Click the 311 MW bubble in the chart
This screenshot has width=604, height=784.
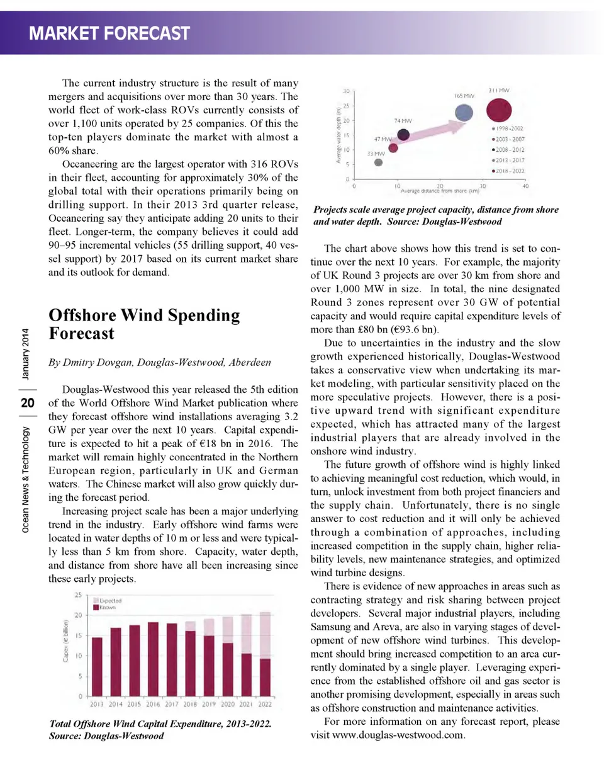tap(498, 110)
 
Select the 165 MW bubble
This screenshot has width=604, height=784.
tap(464, 113)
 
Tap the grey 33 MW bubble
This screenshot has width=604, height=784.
tap(378, 162)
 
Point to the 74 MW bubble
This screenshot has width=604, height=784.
tap(403, 134)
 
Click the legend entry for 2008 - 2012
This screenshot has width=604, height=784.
tap(510, 150)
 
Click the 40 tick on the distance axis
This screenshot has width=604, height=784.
tap(525, 186)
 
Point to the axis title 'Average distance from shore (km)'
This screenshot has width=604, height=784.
tap(440, 191)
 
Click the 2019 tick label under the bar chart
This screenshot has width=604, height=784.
tap(209, 705)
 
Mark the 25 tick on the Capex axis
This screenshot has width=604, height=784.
tap(79, 595)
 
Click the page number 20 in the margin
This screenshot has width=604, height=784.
tap(28, 403)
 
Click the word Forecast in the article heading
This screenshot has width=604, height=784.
tap(82, 334)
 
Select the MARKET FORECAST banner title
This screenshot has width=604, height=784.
tap(109, 33)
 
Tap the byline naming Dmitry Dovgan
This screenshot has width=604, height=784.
tap(160, 363)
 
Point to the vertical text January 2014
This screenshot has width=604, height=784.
tap(25, 354)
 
